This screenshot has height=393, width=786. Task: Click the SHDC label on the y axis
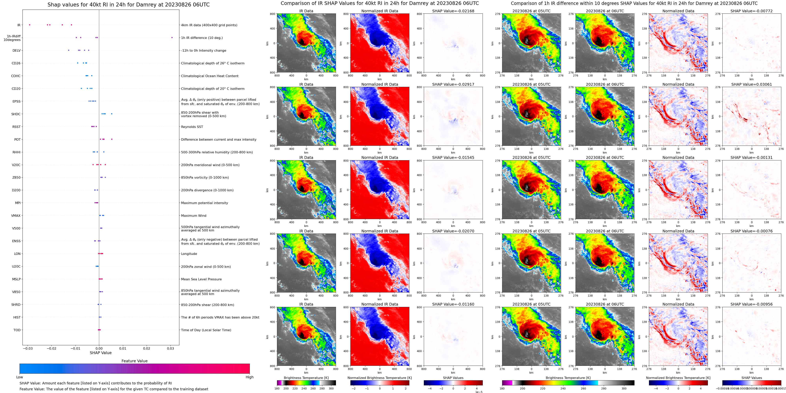16,114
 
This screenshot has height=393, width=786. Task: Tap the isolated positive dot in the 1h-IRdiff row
172,38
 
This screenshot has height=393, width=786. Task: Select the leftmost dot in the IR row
30,25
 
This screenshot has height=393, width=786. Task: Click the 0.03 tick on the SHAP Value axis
170,348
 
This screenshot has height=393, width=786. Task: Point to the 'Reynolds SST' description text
192,127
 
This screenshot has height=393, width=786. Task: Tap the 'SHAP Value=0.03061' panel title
752,85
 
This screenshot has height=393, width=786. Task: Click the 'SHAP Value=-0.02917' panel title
453,85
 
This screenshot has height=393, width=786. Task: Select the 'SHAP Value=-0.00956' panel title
752,304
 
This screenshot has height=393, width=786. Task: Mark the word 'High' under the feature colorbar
250,377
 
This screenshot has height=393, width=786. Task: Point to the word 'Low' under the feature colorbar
20,377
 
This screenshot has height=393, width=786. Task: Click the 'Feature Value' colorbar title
134,361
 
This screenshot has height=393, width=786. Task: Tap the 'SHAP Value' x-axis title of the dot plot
101,353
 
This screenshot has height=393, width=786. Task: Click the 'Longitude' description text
189,254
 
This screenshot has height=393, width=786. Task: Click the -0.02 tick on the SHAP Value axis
51,348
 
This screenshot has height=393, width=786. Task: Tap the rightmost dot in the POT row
112,139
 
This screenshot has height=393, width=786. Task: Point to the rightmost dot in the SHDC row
112,114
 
